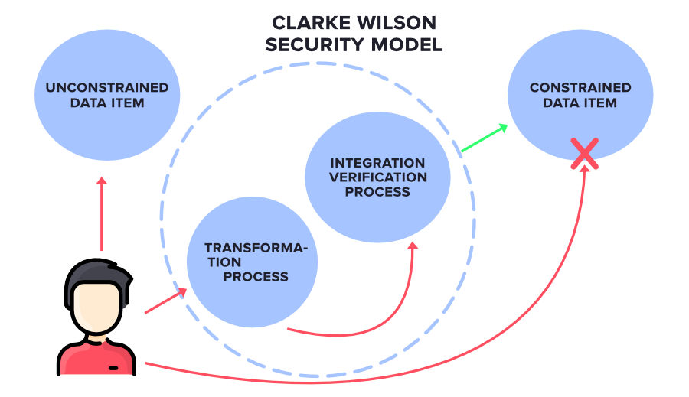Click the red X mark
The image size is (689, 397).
[x=585, y=153]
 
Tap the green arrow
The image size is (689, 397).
[x=484, y=138]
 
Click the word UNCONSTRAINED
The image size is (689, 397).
[x=107, y=88]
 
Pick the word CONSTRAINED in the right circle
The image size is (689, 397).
[x=580, y=88]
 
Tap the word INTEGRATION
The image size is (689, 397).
[x=377, y=163]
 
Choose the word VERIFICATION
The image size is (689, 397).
[x=377, y=177]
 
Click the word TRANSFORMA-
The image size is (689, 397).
[x=256, y=248]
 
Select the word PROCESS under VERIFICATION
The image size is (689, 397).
[x=377, y=192]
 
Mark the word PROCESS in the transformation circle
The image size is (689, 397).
[x=256, y=276]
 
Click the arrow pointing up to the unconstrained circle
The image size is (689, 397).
[x=101, y=214]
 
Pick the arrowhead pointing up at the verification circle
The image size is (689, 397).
[x=413, y=246]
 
